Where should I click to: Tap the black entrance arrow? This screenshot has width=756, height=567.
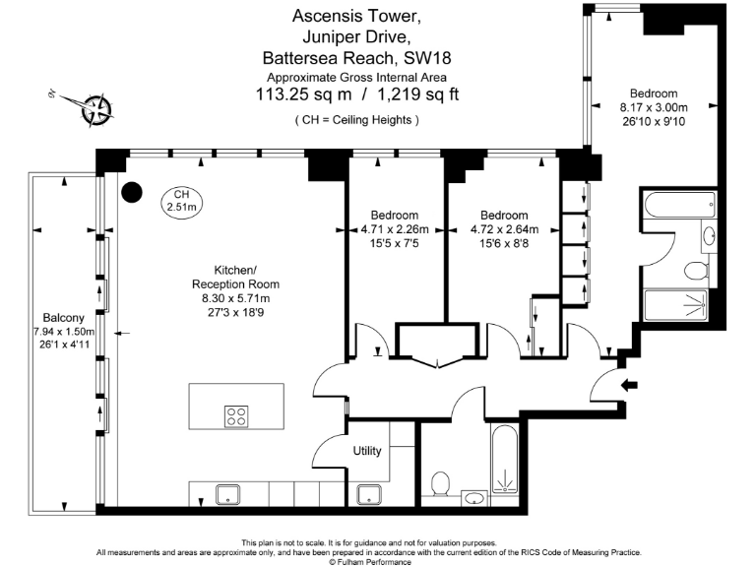631,385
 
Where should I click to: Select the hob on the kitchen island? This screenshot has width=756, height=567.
236,415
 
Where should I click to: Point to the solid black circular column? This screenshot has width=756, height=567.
131,191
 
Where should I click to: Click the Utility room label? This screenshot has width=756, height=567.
367,451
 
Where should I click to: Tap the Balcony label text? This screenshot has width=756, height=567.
63,318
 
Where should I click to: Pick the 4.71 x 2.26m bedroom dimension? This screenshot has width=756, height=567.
395,229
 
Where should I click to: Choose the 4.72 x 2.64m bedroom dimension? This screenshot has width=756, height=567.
503,229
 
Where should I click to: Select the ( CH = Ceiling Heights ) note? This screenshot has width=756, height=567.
356,119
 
